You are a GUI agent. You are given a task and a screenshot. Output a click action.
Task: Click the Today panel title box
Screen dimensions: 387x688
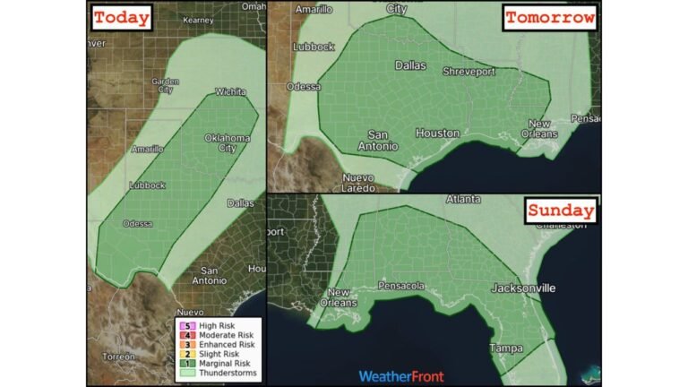coord(122,18)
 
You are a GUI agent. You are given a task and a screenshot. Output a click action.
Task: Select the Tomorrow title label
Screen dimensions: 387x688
coord(549,18)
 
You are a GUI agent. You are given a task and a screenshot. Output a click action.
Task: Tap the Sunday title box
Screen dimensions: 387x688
coord(560,211)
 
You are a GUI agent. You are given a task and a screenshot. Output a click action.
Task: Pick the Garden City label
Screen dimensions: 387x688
coord(163,85)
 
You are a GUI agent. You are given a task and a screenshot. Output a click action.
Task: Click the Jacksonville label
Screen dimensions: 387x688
coord(522,288)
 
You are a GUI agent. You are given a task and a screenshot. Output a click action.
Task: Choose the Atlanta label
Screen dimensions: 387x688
coord(463,199)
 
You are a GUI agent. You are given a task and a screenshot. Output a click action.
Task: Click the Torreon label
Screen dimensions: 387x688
coord(118,357)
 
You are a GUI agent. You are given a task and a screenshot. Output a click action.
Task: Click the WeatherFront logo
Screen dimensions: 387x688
coord(401,376)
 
